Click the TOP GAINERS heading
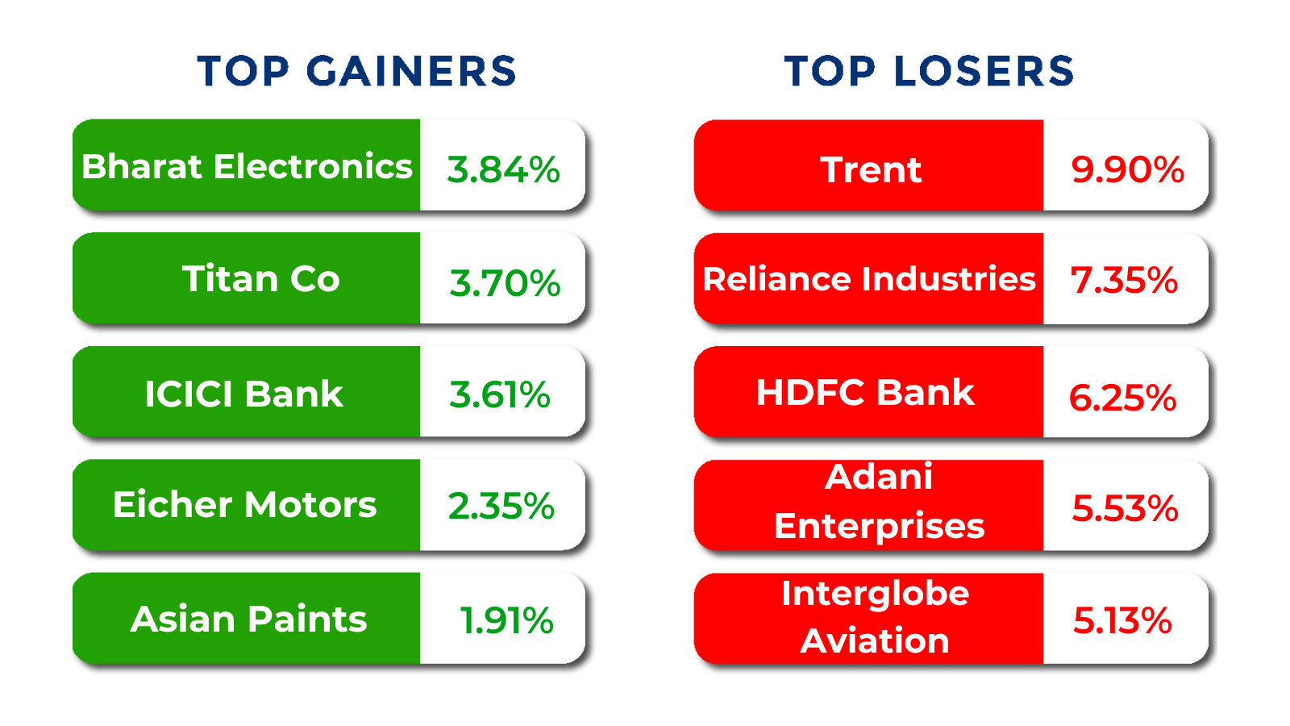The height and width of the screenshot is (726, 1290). tap(356, 71)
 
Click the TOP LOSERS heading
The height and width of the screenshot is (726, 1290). tap(929, 71)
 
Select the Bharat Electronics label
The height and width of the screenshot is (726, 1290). tap(247, 166)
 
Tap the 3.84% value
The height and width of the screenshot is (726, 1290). tap(503, 169)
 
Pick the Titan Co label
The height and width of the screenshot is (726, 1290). tap(260, 279)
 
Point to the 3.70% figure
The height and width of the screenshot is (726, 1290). tap(505, 283)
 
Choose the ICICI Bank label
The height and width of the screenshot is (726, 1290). tap(243, 394)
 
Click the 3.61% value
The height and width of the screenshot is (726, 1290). tap(500, 394)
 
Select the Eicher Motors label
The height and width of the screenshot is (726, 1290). tap(244, 505)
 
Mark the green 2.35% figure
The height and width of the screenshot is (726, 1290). tap(501, 506)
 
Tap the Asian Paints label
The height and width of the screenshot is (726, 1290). tap(248, 620)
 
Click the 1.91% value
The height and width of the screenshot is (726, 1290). tap(506, 620)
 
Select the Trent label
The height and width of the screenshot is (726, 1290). tap(871, 169)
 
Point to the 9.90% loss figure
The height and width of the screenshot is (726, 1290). tap(1127, 169)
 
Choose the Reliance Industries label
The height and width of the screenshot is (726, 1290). tap(868, 279)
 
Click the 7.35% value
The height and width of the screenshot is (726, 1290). tap(1124, 280)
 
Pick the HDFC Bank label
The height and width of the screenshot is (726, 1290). tap(865, 393)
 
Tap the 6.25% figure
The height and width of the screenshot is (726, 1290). tap(1122, 398)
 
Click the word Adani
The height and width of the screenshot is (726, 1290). tap(879, 477)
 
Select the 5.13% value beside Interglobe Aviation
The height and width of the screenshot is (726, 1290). tap(1122, 620)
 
